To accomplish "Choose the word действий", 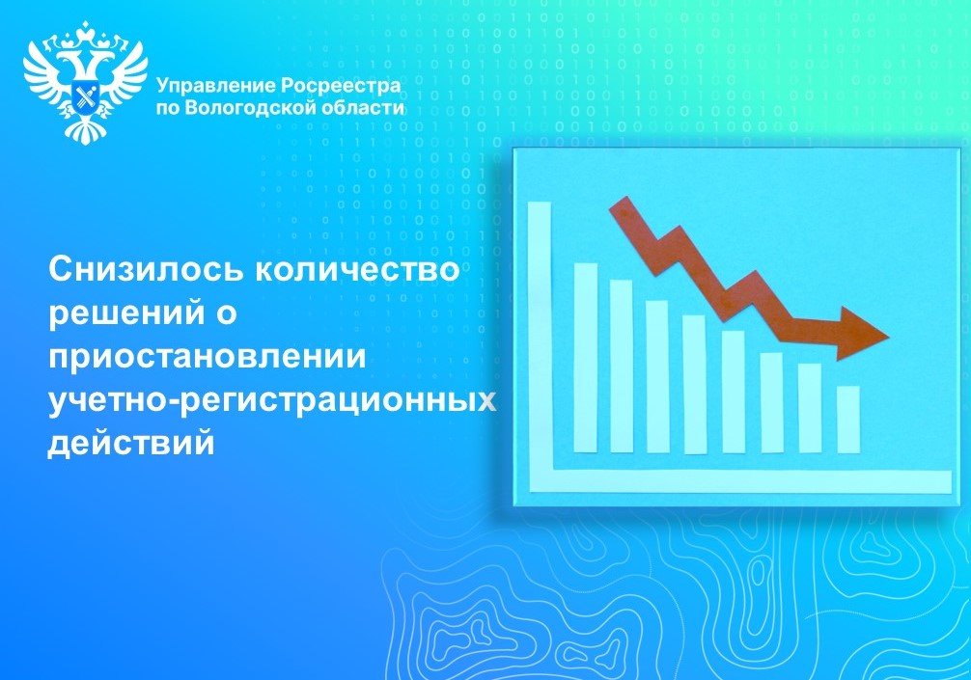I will coord(129,443).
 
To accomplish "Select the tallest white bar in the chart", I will coord(586,357).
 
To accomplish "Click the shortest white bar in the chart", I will coord(848,419).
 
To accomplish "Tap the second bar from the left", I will coord(622,366).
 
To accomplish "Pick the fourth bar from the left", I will coord(694,384).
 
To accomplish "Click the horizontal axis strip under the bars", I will coord(743,480).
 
